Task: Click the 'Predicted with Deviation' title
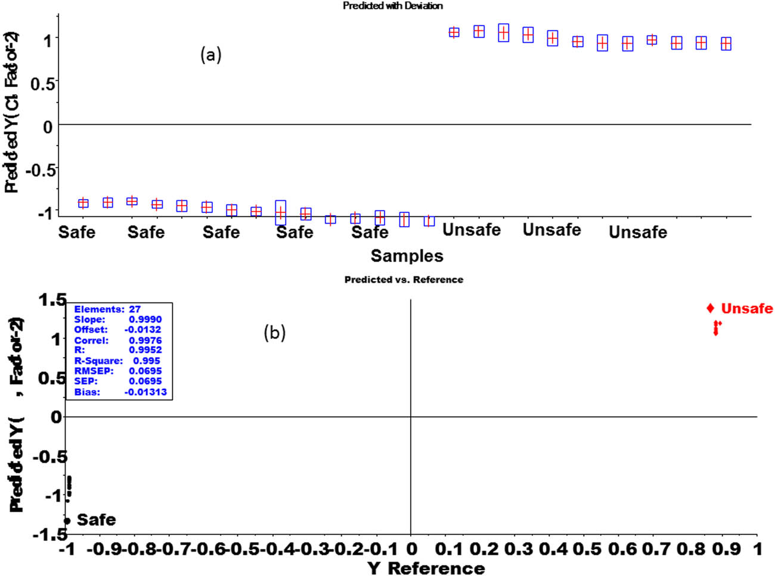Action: click(392, 6)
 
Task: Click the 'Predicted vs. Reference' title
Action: click(404, 280)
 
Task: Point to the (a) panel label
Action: click(211, 55)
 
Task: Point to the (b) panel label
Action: click(275, 333)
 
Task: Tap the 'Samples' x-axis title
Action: click(407, 256)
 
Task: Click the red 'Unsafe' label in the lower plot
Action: click(746, 309)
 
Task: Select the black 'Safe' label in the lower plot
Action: click(96, 520)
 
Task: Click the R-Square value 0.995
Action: click(146, 361)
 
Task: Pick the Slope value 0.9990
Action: click(145, 320)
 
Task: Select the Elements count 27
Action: click(135, 309)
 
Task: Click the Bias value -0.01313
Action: click(145, 392)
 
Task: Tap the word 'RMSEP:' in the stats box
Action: click(94, 371)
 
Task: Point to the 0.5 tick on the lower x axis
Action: click(588, 549)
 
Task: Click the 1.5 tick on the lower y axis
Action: click(52, 300)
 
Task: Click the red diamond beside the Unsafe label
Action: click(710, 308)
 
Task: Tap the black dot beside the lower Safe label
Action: click(67, 521)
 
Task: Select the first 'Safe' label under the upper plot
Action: click(76, 232)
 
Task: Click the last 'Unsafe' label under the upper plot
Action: click(637, 232)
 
